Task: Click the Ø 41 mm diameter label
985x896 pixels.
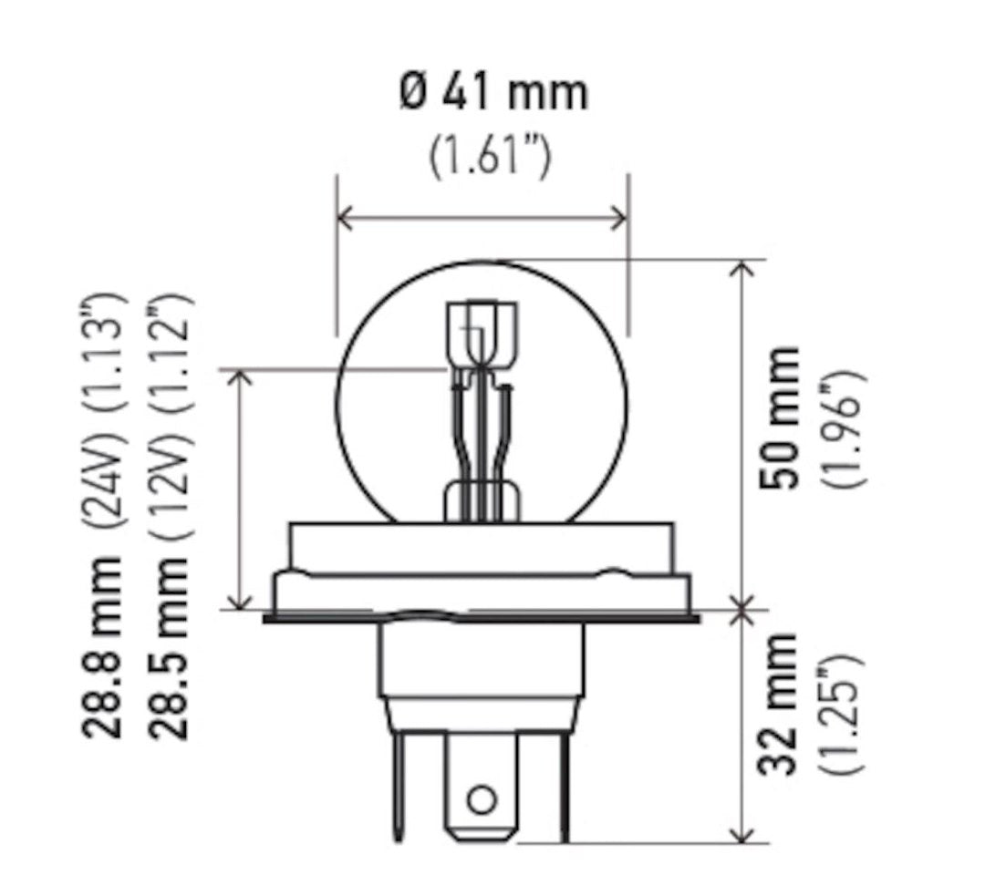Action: click(x=493, y=94)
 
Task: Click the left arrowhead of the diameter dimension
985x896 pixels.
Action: click(x=345, y=218)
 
